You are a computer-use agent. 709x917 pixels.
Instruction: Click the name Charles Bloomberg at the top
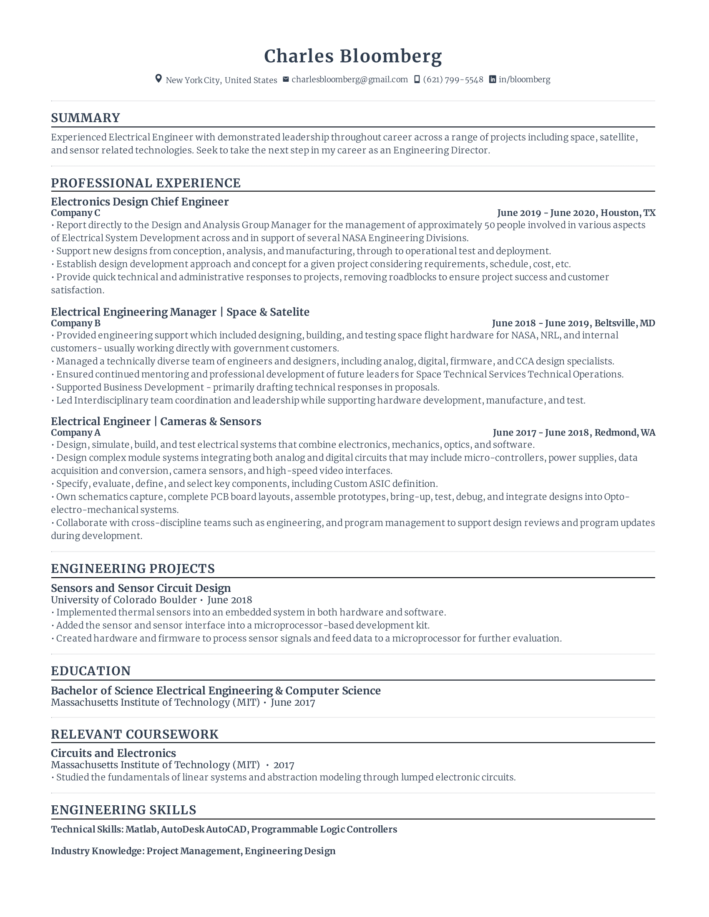point(353,56)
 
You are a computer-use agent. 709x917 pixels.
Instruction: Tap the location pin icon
point(158,79)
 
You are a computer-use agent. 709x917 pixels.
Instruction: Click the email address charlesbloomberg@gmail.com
point(349,79)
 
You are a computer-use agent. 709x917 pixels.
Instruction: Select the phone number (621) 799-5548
point(453,79)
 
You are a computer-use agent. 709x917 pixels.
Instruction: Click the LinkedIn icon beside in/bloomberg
point(492,79)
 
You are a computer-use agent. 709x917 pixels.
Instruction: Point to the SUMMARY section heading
point(85,118)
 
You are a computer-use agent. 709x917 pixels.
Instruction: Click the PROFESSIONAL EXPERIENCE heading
point(146,183)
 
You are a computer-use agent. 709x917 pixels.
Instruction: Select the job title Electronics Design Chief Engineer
point(140,202)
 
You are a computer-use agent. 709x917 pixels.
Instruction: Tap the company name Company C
point(75,213)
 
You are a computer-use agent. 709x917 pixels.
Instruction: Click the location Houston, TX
point(628,213)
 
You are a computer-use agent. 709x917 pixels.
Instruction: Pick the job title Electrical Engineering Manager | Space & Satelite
point(180,312)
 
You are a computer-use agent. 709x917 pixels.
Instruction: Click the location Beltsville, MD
point(625,323)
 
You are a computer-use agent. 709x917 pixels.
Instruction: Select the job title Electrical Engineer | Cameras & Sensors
point(156,421)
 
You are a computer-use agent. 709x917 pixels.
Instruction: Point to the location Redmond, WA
point(625,433)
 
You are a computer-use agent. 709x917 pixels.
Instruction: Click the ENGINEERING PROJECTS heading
point(133,569)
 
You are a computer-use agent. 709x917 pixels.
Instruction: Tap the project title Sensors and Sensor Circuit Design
point(141,588)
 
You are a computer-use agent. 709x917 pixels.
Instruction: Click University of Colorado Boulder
point(124,600)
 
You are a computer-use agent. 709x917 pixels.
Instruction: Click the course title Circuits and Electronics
point(113,753)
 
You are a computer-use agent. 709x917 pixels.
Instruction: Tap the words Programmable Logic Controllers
point(324,829)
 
